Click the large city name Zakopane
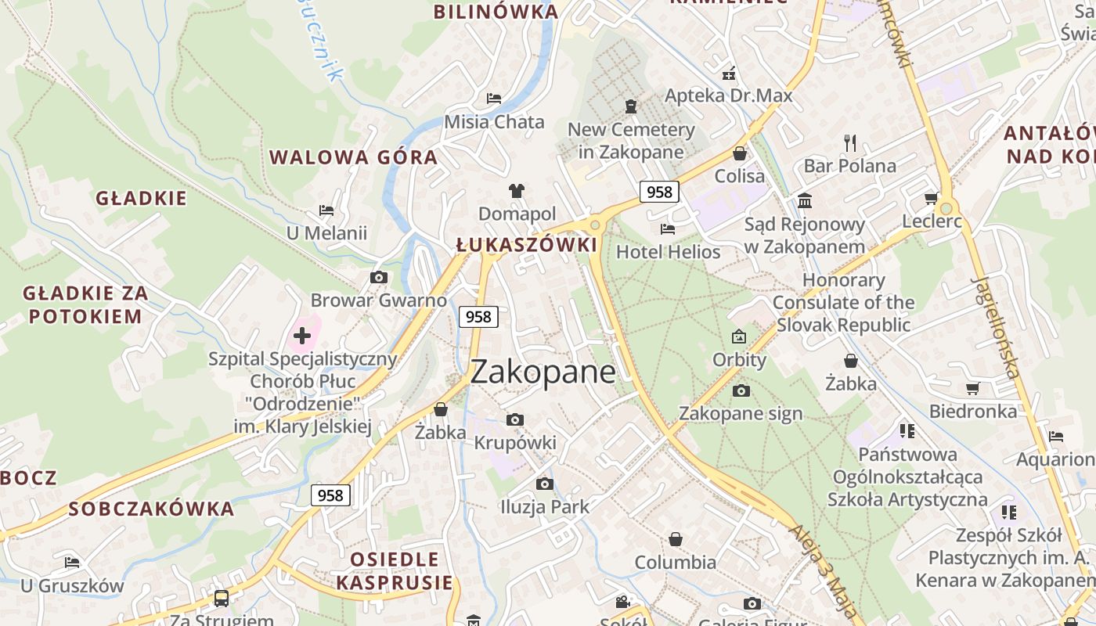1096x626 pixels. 543,371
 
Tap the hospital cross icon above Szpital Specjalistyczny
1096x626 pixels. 302,336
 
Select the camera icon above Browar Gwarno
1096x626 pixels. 379,277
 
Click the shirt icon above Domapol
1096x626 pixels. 517,190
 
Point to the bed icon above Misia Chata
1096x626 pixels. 494,98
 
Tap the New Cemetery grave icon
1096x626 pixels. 631,106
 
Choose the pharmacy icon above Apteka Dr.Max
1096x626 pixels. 729,74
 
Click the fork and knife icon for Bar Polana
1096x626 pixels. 850,142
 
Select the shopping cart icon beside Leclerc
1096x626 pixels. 931,198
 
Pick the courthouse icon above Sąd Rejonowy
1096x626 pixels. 805,201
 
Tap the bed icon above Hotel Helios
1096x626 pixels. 668,228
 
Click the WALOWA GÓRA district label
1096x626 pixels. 353,157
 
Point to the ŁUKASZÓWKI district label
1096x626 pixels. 526,245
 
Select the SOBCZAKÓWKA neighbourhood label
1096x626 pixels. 151,509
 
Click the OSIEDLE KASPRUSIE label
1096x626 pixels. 395,570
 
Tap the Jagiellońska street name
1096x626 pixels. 996,326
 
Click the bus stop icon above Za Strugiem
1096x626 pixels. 222,599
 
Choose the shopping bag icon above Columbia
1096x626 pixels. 676,539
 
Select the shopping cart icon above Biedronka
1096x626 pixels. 973,388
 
